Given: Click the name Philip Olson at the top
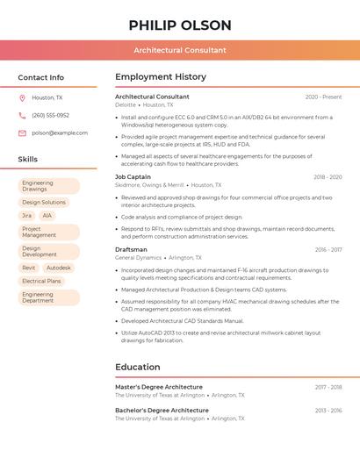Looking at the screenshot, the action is point(180,25).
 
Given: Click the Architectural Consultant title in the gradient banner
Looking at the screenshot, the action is point(180,50).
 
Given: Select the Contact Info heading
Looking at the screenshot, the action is point(41,77).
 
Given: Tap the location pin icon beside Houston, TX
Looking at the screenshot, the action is point(22,97).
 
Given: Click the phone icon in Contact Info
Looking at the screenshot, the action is point(22,115).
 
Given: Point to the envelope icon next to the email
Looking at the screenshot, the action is point(22,132).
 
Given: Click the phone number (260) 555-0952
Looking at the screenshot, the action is point(50,115).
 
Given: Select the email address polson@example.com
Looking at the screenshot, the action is point(60,132).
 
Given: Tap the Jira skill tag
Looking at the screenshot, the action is point(26,215).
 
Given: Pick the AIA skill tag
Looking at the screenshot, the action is point(47,215).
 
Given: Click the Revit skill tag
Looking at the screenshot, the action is point(29,268).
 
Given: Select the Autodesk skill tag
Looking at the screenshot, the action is point(59,268).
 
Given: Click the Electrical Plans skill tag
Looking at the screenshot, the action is point(42,281).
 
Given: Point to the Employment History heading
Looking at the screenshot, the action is point(161,77).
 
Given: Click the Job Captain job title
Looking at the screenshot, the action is point(133,176).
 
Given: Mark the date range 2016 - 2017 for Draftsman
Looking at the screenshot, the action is point(328,250).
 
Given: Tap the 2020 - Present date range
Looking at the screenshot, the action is point(323,97).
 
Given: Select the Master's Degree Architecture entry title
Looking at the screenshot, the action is point(159,386).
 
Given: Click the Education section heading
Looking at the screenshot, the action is point(138,367).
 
